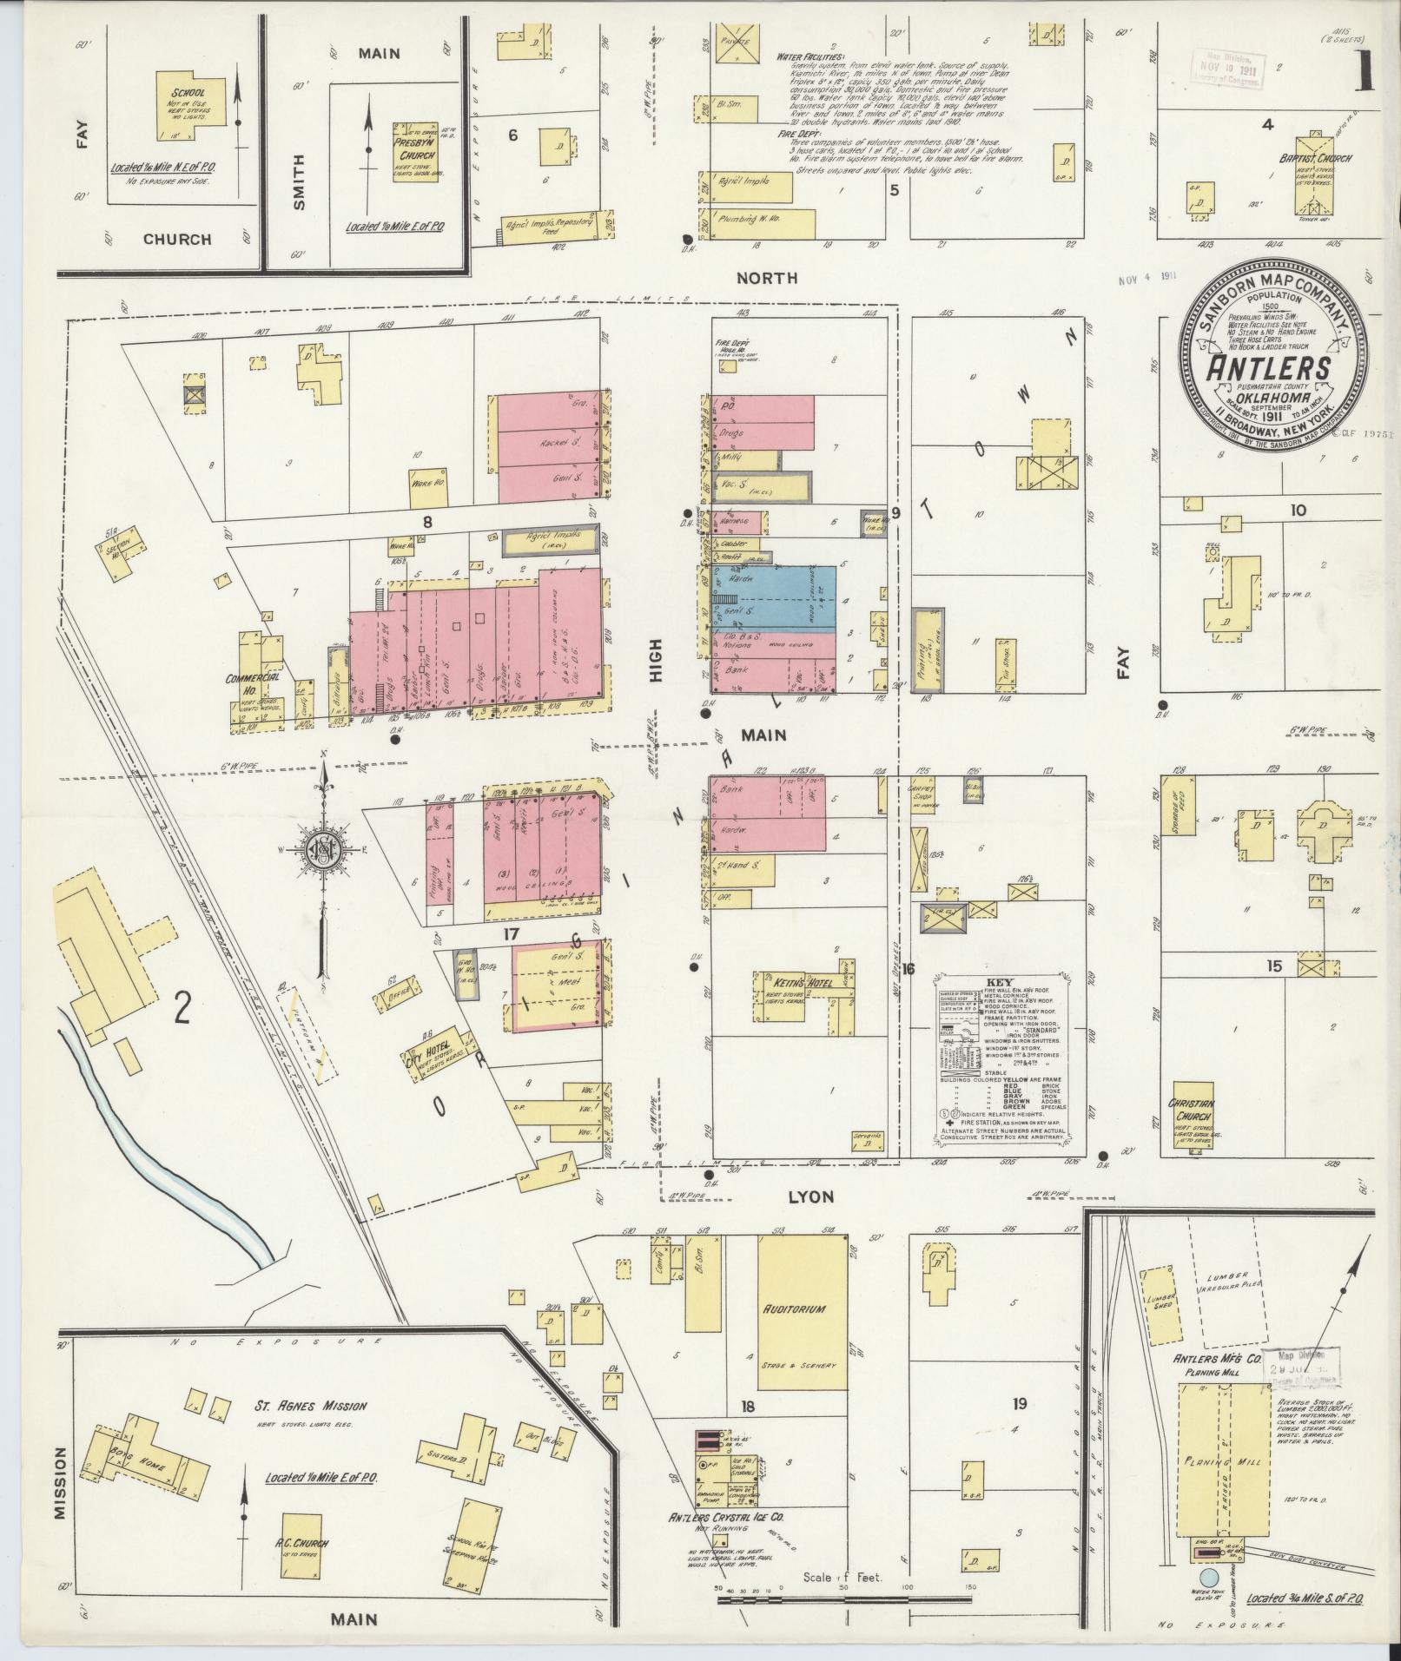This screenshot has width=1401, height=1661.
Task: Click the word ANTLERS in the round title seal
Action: tap(1269, 368)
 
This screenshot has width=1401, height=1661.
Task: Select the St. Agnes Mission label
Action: tap(311, 1407)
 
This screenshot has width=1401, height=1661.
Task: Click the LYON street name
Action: tap(810, 1196)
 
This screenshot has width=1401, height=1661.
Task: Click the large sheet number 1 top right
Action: tap(1366, 72)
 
